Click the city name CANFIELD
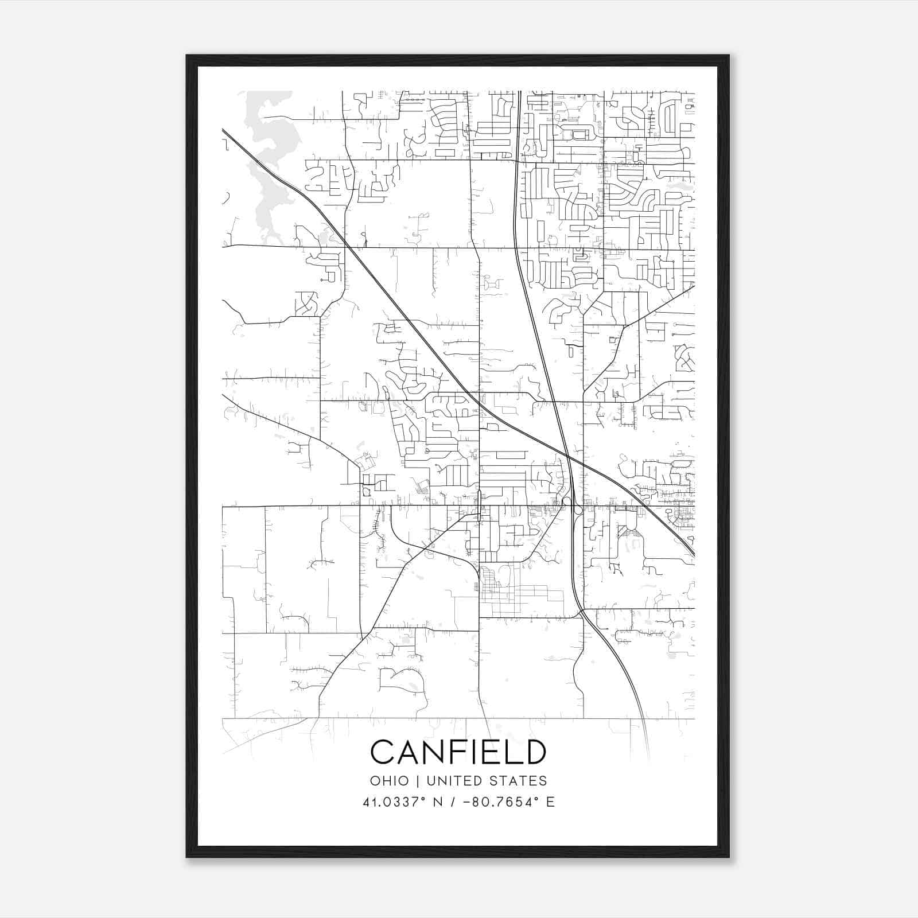point(458,752)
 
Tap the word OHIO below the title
point(390,781)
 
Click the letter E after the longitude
point(550,802)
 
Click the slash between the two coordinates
point(453,802)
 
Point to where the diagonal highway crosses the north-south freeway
point(568,456)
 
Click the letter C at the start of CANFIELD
point(383,752)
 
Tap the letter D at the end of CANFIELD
point(534,752)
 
